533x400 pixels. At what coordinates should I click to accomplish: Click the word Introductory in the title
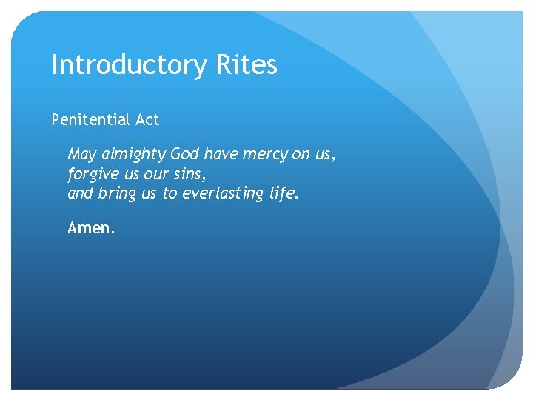pos(130,66)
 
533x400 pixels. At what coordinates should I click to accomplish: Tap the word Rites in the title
pos(247,65)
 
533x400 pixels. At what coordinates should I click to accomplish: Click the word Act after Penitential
pos(147,119)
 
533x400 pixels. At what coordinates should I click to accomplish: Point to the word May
pos(81,155)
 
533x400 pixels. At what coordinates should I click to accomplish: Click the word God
pos(185,154)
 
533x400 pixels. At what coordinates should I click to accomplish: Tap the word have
pos(222,154)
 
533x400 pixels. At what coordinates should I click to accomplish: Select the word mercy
pos(266,155)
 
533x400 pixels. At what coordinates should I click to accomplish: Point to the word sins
pos(187,174)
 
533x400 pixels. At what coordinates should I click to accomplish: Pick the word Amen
pos(91,229)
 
